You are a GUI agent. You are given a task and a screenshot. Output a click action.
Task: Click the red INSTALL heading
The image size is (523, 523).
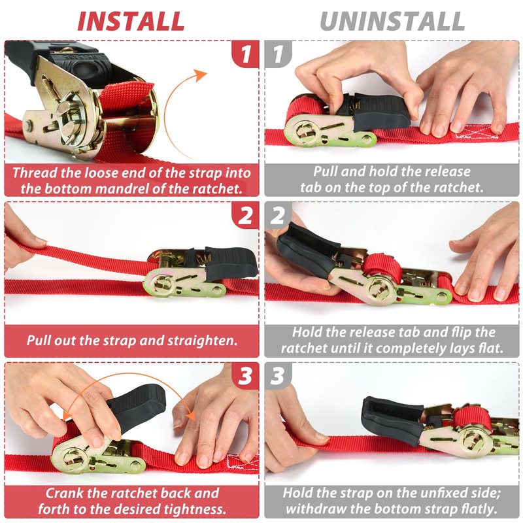pos(131,22)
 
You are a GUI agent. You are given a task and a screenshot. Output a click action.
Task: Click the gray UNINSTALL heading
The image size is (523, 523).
pos(392,22)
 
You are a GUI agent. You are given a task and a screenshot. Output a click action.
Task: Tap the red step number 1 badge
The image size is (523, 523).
pos(245,54)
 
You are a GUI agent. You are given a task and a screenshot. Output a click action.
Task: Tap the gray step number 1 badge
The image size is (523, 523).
pos(278,54)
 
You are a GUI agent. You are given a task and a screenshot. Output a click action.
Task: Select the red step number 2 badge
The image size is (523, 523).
pos(245,215)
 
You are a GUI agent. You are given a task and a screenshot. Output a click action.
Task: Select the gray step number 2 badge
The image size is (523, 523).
pos(278,215)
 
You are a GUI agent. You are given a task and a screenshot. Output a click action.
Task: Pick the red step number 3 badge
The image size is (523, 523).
pos(245,376)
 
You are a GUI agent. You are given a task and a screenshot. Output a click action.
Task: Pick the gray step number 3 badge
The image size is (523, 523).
pos(278,376)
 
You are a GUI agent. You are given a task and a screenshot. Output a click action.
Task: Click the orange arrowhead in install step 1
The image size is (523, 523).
pos(201,75)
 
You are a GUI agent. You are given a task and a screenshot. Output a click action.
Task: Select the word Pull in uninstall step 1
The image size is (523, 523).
pos(325,172)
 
